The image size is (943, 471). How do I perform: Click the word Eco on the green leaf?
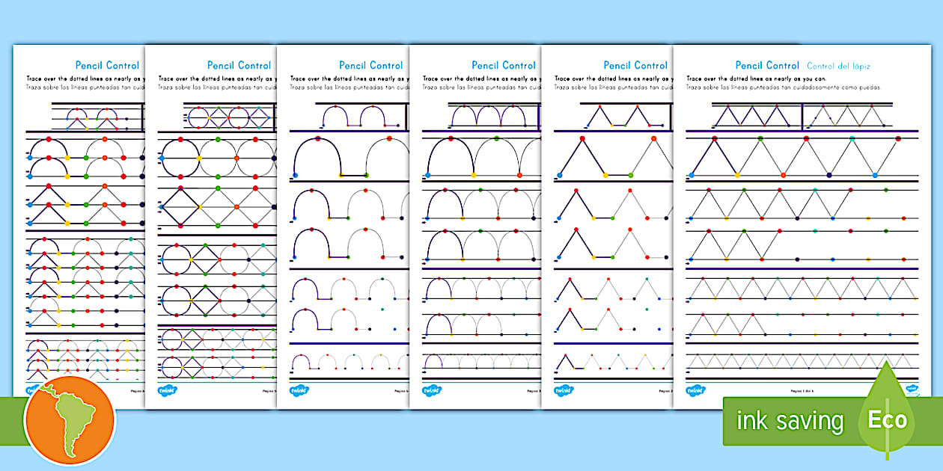(x=888, y=419)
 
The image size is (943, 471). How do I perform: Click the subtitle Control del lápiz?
(x=838, y=66)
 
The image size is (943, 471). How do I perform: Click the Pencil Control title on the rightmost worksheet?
(x=767, y=66)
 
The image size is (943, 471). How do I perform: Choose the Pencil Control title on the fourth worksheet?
(x=503, y=66)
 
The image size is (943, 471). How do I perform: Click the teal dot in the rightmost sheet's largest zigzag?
(x=875, y=176)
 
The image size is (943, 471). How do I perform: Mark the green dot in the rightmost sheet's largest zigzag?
(x=760, y=138)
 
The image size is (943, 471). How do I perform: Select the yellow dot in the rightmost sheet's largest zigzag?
(x=737, y=176)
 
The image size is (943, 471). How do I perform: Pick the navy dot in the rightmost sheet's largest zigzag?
(x=829, y=176)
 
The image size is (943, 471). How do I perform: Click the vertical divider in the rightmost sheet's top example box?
(x=802, y=116)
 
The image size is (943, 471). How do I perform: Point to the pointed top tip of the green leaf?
(x=888, y=362)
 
